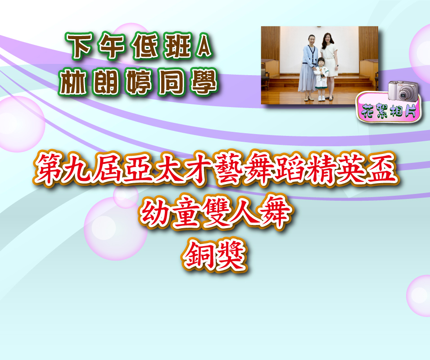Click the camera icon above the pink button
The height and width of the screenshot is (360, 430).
tap(402, 91)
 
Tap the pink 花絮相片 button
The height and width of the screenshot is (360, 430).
tap(389, 110)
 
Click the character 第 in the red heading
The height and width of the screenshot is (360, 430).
tap(49, 168)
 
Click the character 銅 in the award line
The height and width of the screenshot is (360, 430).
tap(198, 256)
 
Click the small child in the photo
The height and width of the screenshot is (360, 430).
tap(321, 79)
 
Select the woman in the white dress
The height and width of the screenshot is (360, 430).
tap(329, 66)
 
